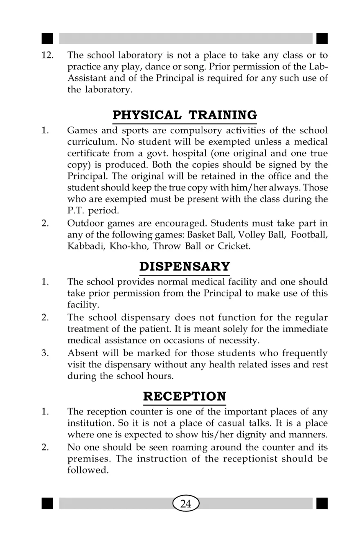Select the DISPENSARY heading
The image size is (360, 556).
pos(184,267)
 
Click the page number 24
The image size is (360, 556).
pos(186,504)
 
